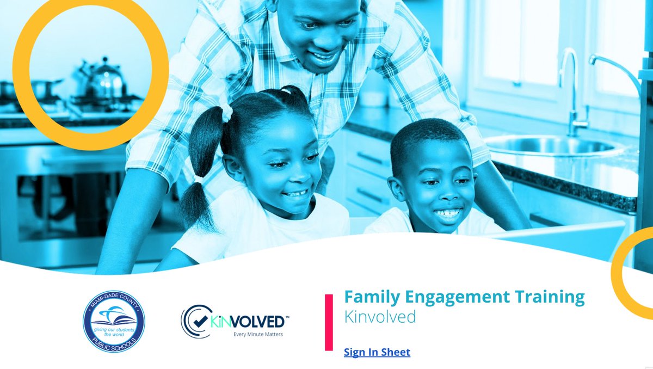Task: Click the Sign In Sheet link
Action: click(377, 352)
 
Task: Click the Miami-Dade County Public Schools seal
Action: click(114, 321)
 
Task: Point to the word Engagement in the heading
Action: click(458, 297)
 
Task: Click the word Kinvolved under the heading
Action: click(380, 317)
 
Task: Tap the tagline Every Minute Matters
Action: click(258, 334)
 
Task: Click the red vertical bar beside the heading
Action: click(329, 322)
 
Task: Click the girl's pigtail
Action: click(197, 174)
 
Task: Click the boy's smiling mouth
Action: click(448, 213)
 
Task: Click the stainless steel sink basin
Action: click(550, 146)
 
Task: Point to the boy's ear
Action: click(397, 188)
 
